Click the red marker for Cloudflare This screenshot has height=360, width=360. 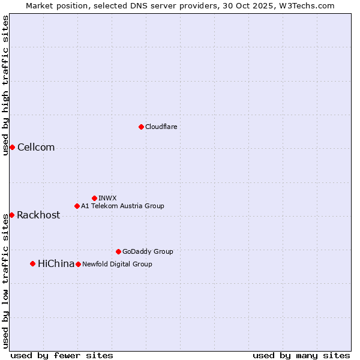click(141, 127)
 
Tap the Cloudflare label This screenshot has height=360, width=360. click(161, 127)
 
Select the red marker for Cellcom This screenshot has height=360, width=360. click(12, 148)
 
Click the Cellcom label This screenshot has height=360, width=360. click(36, 148)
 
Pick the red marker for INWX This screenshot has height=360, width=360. click(94, 198)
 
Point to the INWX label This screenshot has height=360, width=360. click(107, 198)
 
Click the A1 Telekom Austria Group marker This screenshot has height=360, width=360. click(77, 206)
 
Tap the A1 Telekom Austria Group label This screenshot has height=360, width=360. click(122, 206)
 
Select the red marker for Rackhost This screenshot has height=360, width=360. click(11, 215)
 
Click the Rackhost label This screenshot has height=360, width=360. click(38, 215)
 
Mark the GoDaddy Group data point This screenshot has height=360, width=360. click(118, 251)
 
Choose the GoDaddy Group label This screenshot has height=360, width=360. click(148, 251)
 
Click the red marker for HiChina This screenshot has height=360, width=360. click(32, 263)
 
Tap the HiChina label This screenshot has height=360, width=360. click(56, 264)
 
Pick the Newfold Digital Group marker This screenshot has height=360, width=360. click(78, 264)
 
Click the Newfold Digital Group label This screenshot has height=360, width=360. click(117, 264)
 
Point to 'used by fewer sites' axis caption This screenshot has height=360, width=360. click(62, 356)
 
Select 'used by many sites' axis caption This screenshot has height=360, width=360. click(301, 356)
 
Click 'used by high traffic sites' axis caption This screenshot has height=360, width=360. click(6, 85)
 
